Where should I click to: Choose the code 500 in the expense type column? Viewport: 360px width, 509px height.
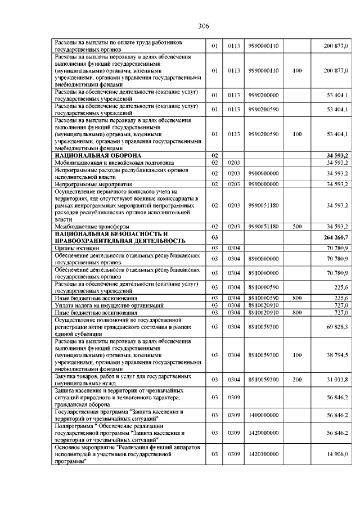click(298, 226)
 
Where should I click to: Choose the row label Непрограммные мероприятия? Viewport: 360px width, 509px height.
click(93, 184)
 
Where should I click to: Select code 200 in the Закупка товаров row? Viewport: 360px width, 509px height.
click(298, 380)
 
